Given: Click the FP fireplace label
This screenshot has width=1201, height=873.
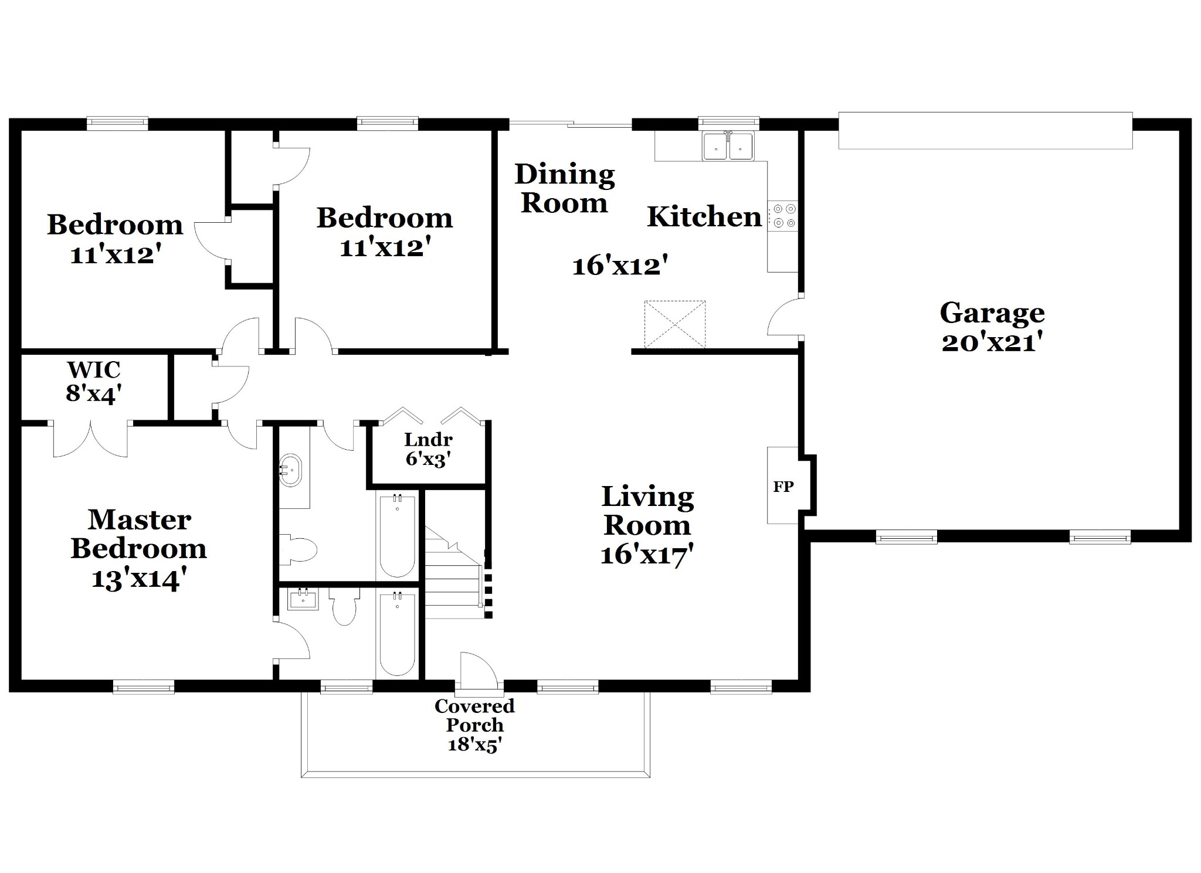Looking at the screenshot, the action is tap(783, 486).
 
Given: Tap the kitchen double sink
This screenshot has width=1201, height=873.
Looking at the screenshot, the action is tap(728, 146).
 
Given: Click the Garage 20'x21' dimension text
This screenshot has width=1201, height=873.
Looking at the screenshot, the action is tap(992, 342).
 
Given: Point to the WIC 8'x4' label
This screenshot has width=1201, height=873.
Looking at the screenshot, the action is tap(94, 382).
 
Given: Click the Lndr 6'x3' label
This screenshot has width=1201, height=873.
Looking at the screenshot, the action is tap(428, 450).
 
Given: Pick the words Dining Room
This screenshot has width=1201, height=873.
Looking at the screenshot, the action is tap(565, 189).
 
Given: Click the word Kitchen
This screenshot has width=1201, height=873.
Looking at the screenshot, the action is tap(704, 217).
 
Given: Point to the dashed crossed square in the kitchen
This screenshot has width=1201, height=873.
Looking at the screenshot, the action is tap(675, 325).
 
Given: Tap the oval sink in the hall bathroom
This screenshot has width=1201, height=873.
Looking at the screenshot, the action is tap(290, 470).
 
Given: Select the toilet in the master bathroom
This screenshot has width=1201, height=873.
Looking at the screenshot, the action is tap(344, 606).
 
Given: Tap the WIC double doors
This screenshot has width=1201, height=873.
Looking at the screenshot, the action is tap(90, 439).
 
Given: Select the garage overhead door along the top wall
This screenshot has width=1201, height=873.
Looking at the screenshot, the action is tap(985, 130).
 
